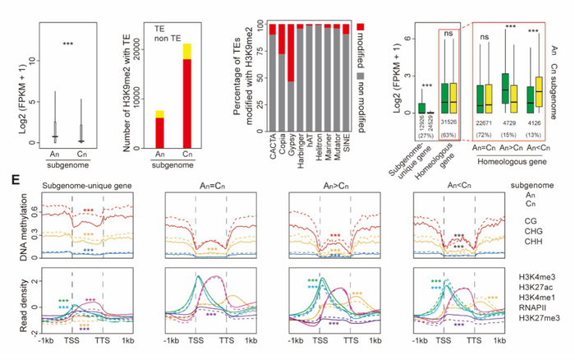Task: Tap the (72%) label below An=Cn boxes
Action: pyautogui.click(x=489, y=132)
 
